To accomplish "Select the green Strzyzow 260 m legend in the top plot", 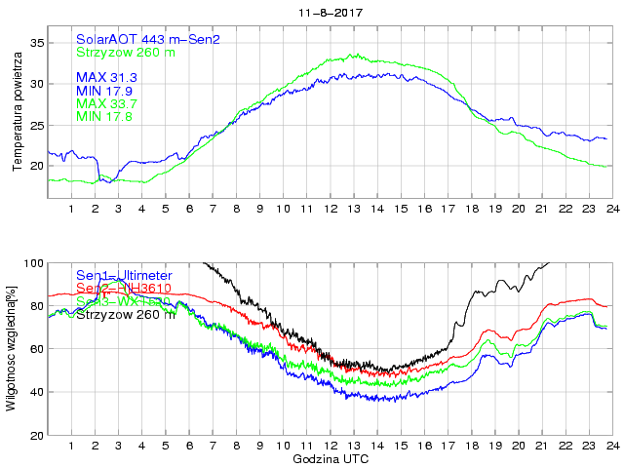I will click(126, 52).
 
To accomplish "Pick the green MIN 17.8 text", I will click(104, 117).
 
